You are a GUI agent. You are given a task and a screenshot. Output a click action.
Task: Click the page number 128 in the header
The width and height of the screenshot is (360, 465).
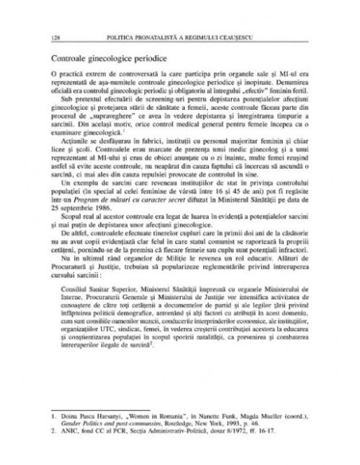click(53, 37)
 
